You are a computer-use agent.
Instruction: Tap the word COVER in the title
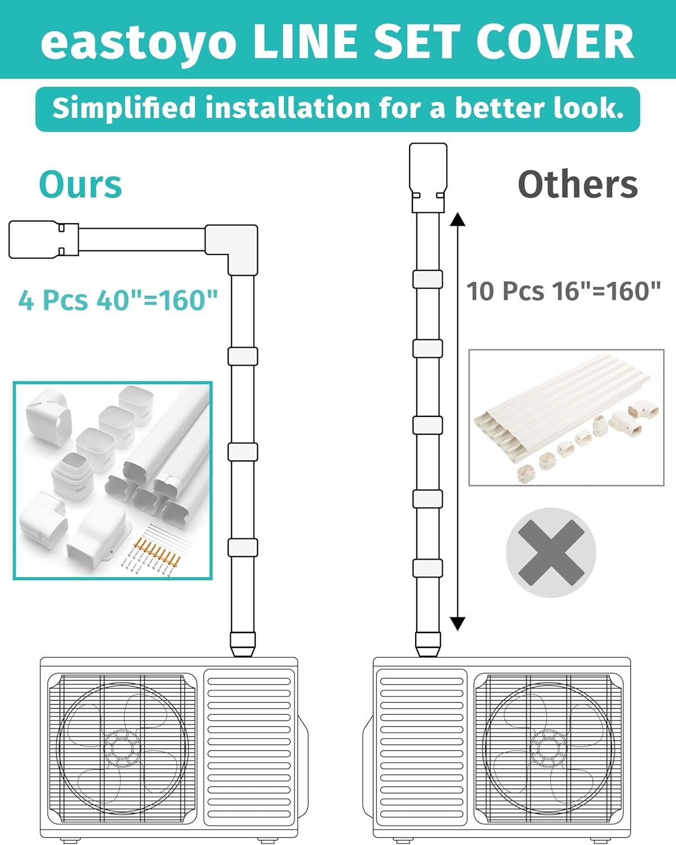(x=555, y=41)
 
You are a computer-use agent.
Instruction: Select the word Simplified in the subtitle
(x=124, y=108)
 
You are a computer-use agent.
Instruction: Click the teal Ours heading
(x=81, y=185)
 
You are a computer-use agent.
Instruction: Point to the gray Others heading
(x=578, y=184)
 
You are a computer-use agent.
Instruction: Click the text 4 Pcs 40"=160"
(x=118, y=300)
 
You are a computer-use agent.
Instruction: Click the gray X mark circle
(x=551, y=553)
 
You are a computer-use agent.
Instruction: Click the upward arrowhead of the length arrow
(x=457, y=219)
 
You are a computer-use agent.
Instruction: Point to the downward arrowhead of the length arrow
(x=457, y=624)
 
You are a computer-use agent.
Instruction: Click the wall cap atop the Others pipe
(x=428, y=177)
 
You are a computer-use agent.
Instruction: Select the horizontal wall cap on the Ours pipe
(x=43, y=239)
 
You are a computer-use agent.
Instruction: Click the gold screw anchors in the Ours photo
(x=157, y=550)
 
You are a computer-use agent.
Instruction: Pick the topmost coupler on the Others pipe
(x=428, y=279)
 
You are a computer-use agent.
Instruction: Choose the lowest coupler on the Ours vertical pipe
(x=243, y=548)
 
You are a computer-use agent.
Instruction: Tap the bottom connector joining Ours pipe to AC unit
(x=243, y=644)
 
